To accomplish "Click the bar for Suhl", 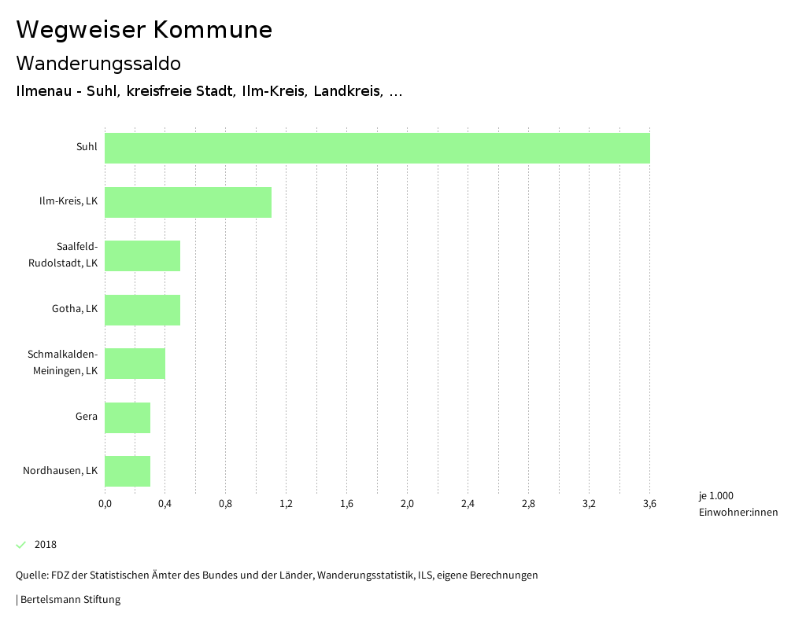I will pos(377,148).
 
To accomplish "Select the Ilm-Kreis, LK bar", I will pos(188,202).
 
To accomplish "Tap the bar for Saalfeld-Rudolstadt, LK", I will pos(142,256).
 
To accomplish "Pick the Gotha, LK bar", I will pos(142,310).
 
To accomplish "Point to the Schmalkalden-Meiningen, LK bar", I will pos(135,363).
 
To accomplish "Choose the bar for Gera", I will pos(128,417).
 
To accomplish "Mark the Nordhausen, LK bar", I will pos(128,471).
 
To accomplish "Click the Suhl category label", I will pos(87,147).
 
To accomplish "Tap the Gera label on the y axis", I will pos(86,417).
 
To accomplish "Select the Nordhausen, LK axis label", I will pos(60,471).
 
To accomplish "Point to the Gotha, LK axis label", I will pos(75,309).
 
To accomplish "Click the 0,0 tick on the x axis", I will pos(105,504).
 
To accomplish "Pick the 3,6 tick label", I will pos(649,504).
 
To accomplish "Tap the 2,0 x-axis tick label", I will pos(407,504).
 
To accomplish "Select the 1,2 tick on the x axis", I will pos(286,504).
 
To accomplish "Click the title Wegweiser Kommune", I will pos(144,30).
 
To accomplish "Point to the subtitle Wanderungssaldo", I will pos(98,63).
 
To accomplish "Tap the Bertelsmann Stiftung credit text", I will pos(69,600).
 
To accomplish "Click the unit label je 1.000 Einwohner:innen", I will pos(738,504).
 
